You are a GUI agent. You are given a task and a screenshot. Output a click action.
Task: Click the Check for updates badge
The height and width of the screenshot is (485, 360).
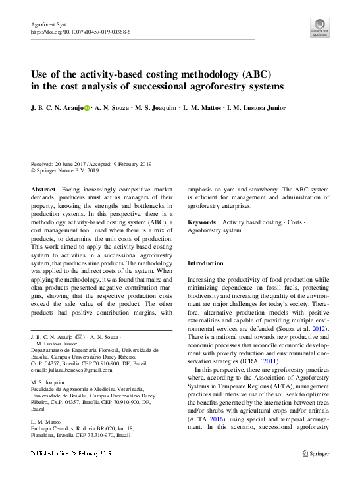coord(319,26)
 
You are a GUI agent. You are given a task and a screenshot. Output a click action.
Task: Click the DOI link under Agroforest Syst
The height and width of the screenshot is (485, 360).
coord(80,32)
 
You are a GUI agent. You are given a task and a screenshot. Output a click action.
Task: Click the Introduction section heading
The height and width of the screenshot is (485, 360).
coord(205,263)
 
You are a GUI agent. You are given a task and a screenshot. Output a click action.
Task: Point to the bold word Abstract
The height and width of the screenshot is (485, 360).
coord(43,189)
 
